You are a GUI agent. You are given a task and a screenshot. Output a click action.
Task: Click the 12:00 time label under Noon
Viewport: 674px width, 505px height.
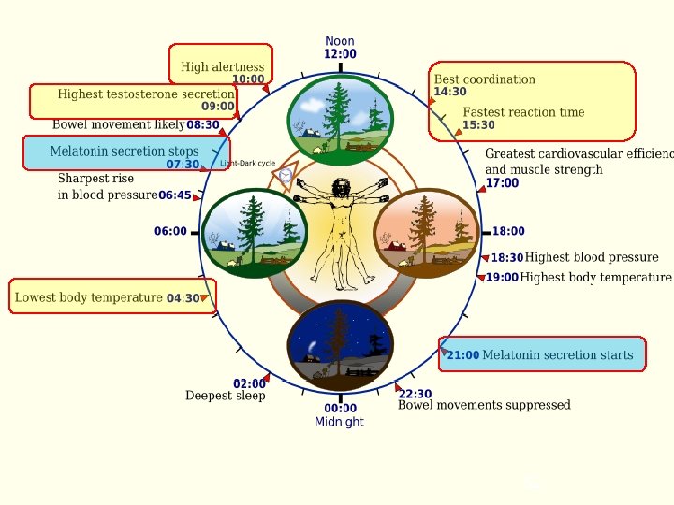tap(340, 54)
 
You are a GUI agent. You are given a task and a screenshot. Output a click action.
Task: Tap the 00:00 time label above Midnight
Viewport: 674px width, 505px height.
tap(340, 408)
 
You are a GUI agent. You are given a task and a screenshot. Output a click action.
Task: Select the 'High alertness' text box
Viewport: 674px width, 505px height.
tap(222, 66)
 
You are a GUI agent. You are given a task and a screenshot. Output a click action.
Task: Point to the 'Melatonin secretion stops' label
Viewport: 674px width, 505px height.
tap(125, 151)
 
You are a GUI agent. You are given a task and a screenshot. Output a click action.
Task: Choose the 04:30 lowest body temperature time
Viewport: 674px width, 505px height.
tap(183, 298)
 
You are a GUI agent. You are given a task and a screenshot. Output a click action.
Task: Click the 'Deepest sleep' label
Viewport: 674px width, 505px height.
tap(225, 396)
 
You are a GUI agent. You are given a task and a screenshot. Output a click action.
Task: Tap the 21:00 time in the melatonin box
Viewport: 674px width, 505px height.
tap(463, 355)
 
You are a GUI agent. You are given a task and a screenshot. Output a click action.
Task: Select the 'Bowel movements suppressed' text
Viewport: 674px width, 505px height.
tap(484, 405)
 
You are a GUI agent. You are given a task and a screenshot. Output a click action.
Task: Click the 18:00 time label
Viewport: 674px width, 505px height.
tap(508, 231)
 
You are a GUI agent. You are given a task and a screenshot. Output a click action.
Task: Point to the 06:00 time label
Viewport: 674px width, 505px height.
tap(170, 231)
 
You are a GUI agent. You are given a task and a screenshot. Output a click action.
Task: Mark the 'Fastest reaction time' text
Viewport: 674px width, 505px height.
tap(523, 112)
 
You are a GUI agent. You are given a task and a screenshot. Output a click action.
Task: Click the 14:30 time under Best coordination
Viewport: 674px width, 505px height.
tap(450, 92)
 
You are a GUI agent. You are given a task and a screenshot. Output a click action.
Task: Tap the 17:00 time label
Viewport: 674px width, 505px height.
tap(502, 183)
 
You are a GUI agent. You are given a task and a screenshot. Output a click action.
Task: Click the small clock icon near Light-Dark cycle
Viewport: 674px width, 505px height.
tap(286, 174)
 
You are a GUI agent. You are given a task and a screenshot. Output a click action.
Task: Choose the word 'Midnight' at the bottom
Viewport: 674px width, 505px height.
tap(340, 423)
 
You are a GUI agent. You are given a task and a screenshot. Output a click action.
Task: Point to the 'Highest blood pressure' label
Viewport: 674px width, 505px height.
tap(592, 257)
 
